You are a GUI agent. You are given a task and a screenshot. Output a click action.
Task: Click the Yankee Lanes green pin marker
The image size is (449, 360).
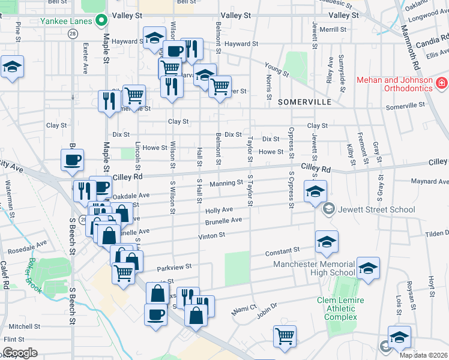(x=102, y=21)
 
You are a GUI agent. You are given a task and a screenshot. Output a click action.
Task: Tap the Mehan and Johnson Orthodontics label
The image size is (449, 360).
(x=394, y=84)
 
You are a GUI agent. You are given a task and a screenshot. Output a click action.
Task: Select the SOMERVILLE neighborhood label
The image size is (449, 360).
(x=305, y=103)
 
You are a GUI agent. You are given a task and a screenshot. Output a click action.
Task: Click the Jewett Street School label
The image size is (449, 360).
(x=376, y=209)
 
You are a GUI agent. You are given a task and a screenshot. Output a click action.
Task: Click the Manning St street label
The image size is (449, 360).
(x=226, y=182)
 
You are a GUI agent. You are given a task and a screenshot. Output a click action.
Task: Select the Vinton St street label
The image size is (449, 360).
(x=211, y=236)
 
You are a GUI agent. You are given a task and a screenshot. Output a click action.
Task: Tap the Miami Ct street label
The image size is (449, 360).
(x=244, y=311)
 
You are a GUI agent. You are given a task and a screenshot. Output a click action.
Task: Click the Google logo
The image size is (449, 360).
(x=19, y=352)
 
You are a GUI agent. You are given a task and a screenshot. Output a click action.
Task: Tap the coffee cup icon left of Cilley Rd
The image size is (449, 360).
(x=72, y=160)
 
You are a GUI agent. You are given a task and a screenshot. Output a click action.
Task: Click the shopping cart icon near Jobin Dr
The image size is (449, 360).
(x=284, y=335)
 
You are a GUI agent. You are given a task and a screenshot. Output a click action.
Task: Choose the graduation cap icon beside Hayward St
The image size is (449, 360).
(x=154, y=37)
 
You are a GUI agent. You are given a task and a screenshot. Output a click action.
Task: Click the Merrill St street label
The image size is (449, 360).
(x=330, y=29)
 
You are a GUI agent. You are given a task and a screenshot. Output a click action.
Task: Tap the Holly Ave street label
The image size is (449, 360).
(x=219, y=210)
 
